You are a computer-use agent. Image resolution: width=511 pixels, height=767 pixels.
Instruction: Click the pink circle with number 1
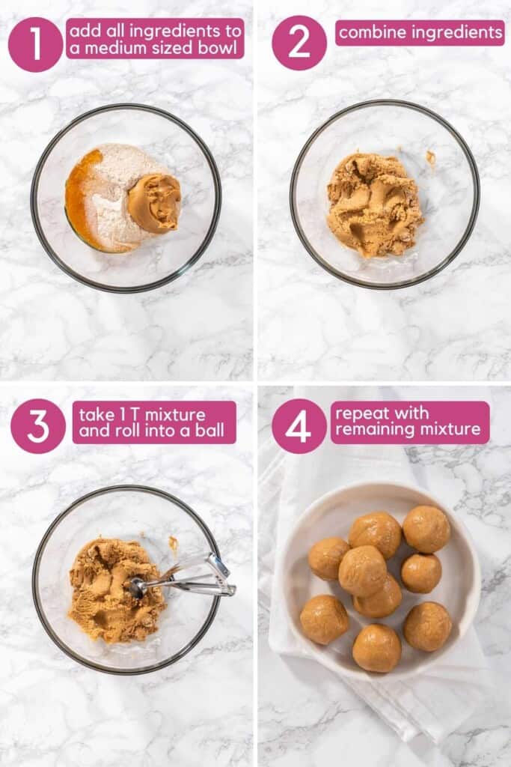click(35, 44)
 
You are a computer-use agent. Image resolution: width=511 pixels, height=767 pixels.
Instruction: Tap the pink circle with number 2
click(299, 43)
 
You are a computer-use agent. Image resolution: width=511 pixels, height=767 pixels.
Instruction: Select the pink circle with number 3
click(37, 426)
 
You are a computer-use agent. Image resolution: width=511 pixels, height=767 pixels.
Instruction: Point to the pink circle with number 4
click(299, 426)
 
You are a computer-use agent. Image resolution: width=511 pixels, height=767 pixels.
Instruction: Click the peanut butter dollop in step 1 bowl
click(154, 203)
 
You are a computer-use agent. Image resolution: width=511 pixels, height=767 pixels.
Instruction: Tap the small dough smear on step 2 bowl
click(431, 157)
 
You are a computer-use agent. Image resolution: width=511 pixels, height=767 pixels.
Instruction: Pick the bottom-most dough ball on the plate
click(377, 647)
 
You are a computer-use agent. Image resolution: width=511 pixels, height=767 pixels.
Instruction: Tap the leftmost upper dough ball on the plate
click(328, 558)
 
